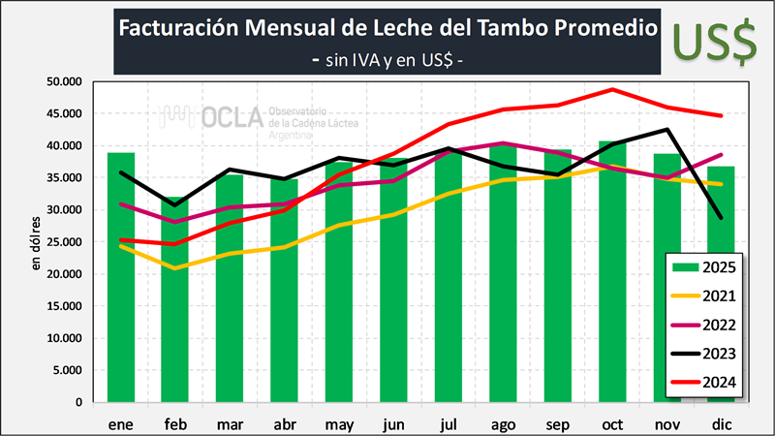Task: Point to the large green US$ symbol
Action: coord(715,40)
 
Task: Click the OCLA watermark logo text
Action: coord(232,118)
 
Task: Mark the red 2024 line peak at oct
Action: coord(612,89)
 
